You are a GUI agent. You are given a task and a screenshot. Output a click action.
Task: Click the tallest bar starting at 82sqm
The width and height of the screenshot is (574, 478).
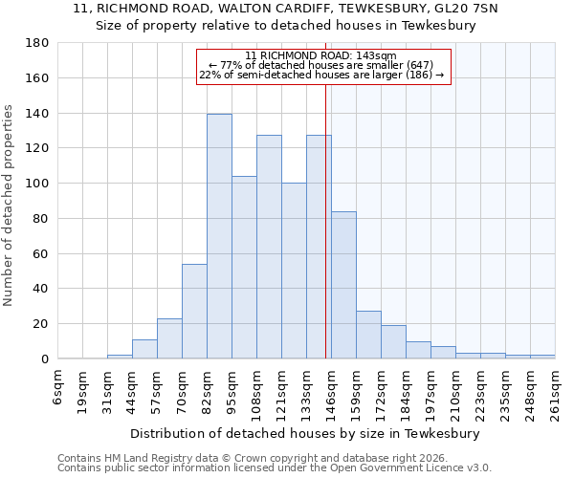(219, 236)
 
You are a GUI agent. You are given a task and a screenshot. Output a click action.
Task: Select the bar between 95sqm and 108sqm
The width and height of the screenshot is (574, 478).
(244, 268)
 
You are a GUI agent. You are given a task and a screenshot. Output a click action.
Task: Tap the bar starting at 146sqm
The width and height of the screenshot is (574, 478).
(343, 285)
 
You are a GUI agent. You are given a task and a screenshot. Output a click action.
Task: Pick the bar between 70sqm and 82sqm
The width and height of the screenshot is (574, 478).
(194, 311)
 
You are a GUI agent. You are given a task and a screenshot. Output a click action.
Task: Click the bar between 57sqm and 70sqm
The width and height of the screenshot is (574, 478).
(169, 338)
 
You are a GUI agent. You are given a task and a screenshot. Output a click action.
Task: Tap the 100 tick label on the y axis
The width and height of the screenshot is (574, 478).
(38, 184)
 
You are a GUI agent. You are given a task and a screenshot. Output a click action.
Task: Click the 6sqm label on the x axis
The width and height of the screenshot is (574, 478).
(58, 387)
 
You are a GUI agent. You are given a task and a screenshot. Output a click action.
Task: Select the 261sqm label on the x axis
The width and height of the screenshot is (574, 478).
(556, 392)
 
